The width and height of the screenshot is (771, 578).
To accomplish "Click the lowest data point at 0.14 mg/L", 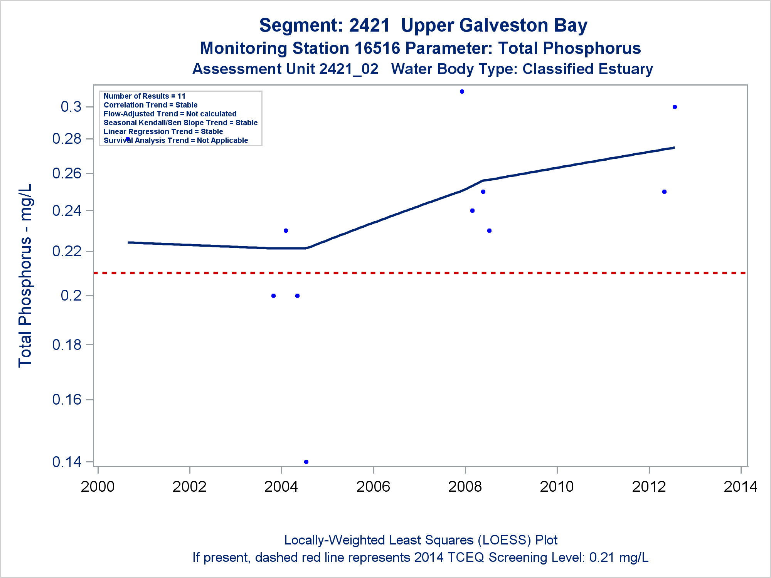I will click(306, 462).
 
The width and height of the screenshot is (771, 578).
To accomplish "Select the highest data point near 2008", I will click(462, 92).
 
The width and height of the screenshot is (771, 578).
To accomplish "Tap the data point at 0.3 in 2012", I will click(675, 107).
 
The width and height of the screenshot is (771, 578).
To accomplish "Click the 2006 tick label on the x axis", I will click(373, 487).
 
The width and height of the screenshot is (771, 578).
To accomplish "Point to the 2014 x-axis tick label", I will click(741, 487).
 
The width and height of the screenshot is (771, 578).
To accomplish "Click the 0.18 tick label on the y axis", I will click(67, 345).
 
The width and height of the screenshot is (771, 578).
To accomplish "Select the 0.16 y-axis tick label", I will click(67, 400).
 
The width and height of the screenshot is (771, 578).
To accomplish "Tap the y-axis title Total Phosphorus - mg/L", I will click(25, 276).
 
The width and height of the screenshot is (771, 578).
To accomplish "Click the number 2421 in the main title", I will click(369, 26).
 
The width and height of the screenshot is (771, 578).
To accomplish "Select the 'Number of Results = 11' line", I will click(145, 96).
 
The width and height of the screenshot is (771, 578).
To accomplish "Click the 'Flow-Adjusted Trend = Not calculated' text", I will click(170, 114).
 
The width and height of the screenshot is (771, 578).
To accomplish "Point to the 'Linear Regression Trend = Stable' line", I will click(163, 132).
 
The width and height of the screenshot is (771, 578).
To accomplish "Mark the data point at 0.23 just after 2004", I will click(286, 231).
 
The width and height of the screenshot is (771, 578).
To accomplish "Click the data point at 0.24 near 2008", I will click(472, 211).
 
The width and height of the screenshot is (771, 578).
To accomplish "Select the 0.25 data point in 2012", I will click(664, 192).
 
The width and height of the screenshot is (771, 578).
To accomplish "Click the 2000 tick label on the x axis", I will click(98, 487).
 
